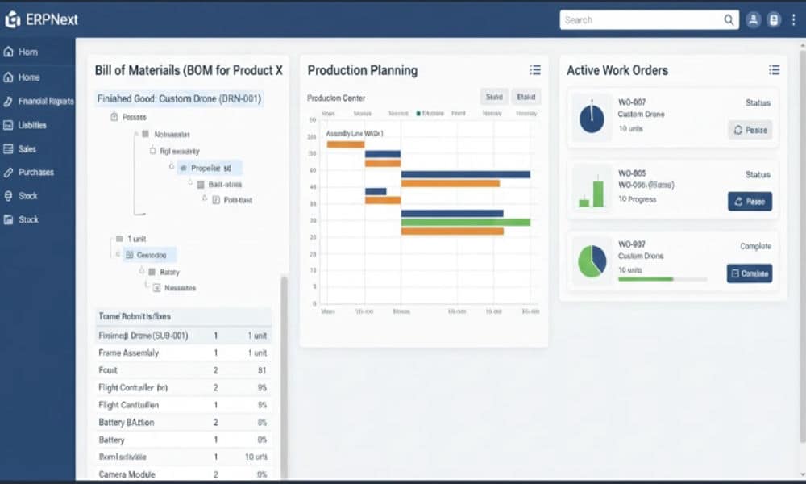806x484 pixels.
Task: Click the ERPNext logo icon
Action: tap(13, 19)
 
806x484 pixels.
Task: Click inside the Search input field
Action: tap(641, 20)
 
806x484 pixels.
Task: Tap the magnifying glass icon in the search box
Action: tap(729, 20)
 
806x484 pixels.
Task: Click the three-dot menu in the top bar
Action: tap(794, 20)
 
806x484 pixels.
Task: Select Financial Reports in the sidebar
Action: tap(45, 102)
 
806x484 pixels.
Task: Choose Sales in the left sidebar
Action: tap(27, 149)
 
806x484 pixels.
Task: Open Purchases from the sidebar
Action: tap(36, 173)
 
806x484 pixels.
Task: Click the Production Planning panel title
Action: tap(363, 70)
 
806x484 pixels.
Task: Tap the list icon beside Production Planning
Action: tap(535, 70)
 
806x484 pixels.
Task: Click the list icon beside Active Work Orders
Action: tap(775, 70)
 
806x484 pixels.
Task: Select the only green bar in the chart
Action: tap(465, 222)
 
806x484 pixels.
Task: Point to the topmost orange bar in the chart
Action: tap(346, 144)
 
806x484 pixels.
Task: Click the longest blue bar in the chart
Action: tap(465, 174)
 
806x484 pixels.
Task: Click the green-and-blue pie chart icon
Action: tap(592, 261)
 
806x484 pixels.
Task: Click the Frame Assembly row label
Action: tap(128, 353)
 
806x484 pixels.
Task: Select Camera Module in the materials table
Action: tap(127, 474)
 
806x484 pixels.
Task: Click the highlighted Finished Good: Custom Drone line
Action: tap(179, 98)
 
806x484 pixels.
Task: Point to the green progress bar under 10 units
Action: tap(645, 279)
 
